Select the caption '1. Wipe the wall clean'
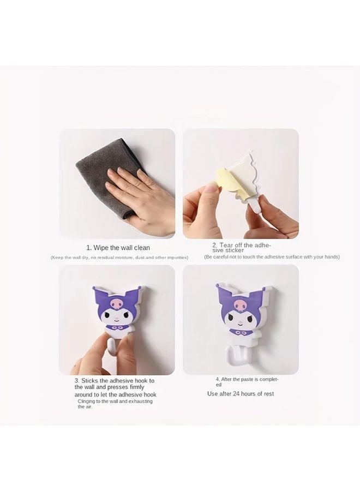coord(118,248)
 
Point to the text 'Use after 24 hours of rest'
coord(240,393)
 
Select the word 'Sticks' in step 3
coord(90,380)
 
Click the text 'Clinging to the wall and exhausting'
coord(115,401)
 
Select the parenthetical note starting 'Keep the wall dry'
coord(119,257)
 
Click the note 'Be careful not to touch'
coord(272,256)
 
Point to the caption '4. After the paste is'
coord(247,379)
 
